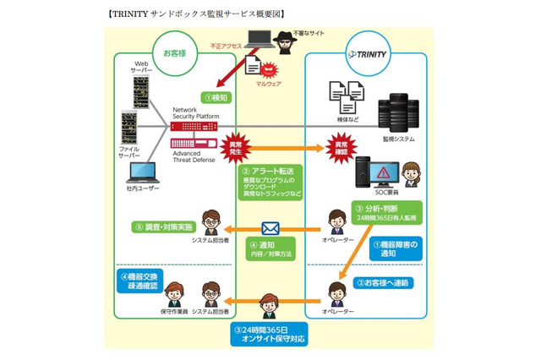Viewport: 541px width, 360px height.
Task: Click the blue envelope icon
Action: click(270, 228)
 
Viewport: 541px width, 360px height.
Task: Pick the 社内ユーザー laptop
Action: click(142, 175)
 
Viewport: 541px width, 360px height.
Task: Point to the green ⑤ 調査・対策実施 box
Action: click(163, 227)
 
